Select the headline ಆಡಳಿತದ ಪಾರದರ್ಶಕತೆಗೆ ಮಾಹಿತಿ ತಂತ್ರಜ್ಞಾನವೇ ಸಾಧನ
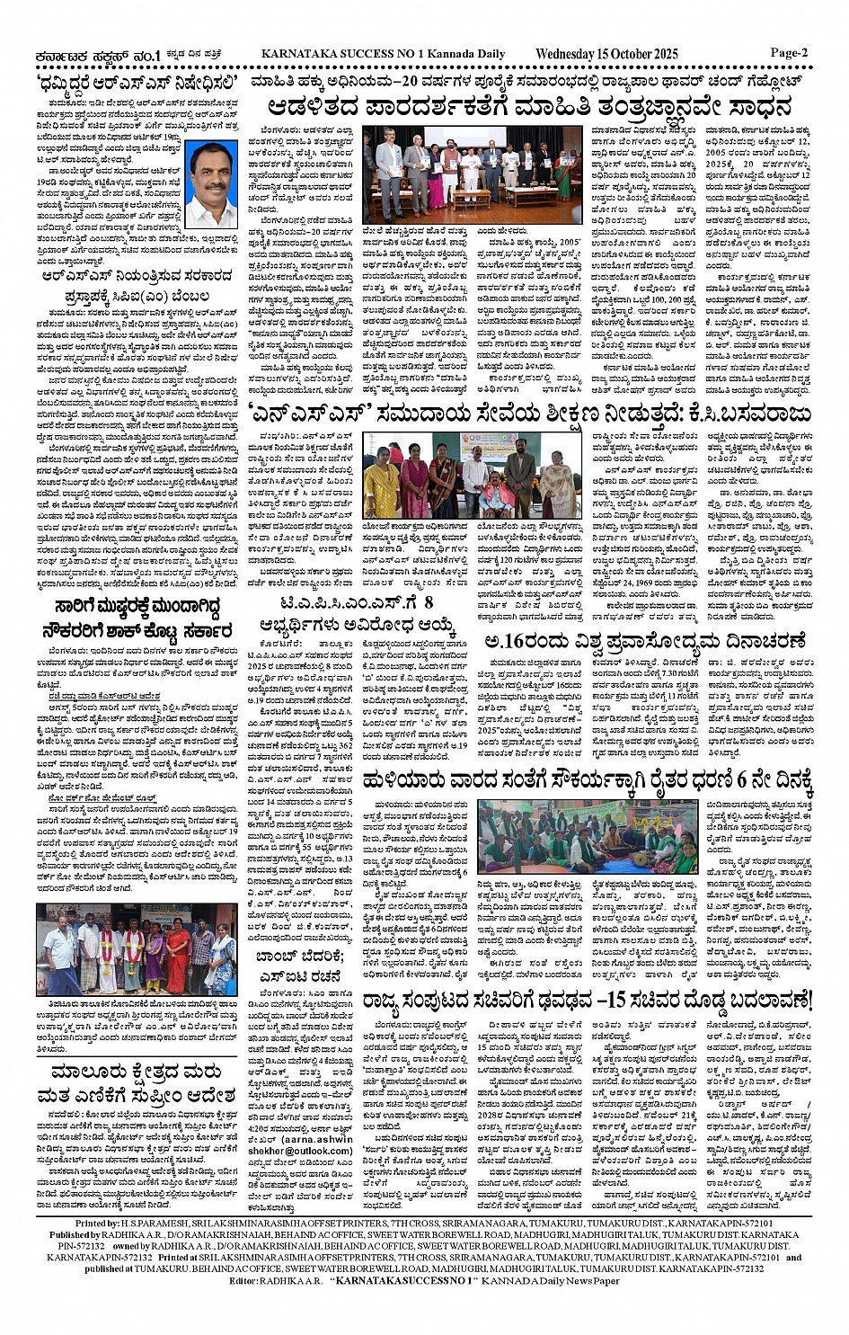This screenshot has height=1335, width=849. pos(529,108)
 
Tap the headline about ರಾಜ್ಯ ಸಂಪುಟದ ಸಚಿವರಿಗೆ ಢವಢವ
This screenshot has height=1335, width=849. pos(588,1001)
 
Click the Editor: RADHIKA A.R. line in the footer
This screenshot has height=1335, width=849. pos(424,1280)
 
